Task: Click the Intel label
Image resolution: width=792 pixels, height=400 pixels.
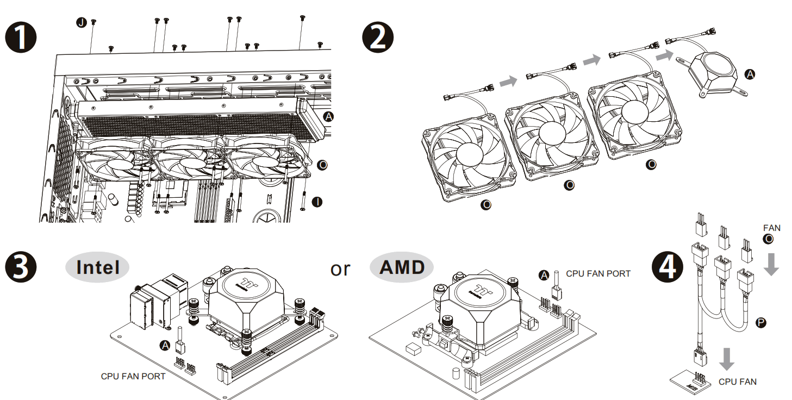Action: point(98,267)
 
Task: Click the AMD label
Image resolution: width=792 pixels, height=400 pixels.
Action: point(402,267)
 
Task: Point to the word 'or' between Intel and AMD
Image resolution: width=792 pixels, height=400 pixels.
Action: point(340,268)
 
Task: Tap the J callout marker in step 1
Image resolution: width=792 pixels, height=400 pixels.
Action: point(82,22)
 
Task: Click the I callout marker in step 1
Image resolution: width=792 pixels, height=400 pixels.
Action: point(317,202)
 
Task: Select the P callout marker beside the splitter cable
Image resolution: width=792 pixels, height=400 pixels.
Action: point(761,323)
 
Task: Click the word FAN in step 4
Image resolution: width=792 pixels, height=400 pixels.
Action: point(772,228)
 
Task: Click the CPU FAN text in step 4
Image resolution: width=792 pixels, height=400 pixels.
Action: point(737,382)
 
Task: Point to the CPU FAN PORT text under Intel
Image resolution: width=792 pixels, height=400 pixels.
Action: point(133,376)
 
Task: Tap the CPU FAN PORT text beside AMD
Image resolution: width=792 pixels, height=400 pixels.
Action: point(598,273)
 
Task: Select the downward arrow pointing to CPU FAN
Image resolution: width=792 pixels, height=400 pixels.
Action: point(726,359)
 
